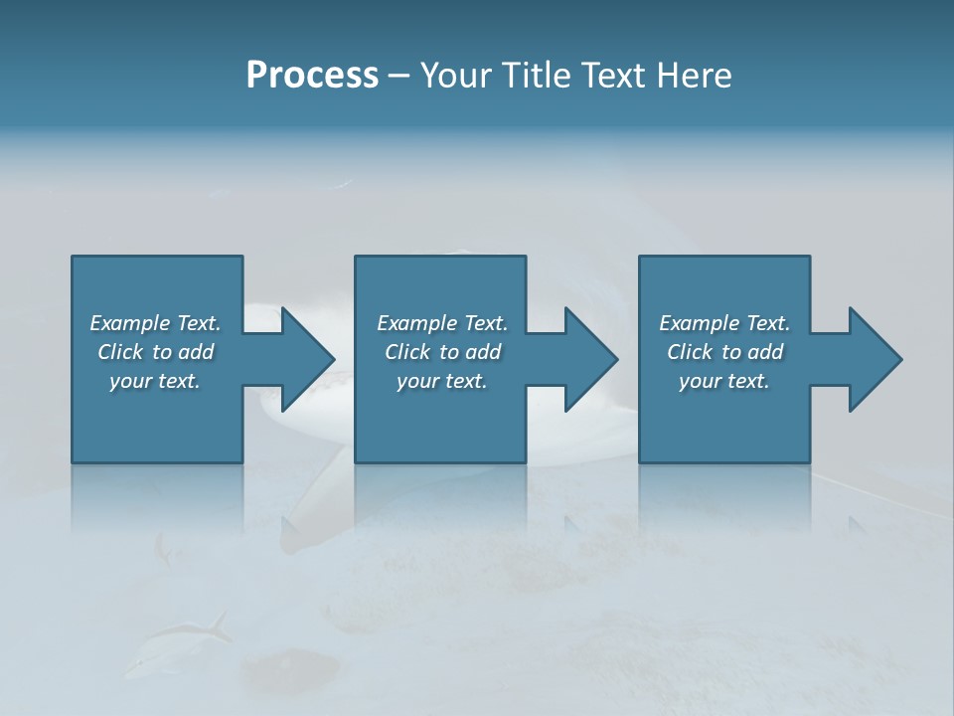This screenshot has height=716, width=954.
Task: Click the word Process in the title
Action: point(312,76)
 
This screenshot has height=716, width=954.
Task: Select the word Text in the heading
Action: point(612,76)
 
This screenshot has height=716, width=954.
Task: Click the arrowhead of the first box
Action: point(308,359)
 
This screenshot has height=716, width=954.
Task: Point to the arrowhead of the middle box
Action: point(591,359)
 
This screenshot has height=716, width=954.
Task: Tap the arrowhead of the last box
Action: point(875,359)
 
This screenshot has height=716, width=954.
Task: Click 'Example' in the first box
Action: point(130,323)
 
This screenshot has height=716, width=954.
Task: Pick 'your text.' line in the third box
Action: point(724,381)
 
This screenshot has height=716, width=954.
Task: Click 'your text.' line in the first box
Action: point(155,381)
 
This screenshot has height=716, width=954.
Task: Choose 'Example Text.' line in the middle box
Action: point(442,323)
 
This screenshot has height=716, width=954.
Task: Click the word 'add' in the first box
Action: point(196,352)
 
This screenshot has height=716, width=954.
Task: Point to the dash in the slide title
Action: point(397,77)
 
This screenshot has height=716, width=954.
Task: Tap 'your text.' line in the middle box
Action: point(442,381)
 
